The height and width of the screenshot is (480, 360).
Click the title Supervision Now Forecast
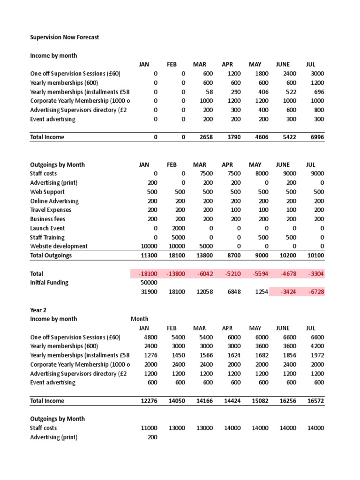65,37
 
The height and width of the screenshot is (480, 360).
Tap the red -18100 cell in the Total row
148,274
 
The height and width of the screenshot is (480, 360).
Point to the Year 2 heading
38,310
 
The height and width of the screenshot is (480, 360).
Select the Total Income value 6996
315,137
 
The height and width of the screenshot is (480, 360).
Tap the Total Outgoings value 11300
149,255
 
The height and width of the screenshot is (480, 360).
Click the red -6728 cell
315,292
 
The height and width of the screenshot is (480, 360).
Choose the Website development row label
59,246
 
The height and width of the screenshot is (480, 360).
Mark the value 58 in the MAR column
210,92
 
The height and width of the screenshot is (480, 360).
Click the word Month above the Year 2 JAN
140,319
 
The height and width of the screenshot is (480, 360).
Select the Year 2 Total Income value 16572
315,401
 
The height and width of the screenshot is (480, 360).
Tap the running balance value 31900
149,292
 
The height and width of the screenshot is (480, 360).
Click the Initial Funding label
49,283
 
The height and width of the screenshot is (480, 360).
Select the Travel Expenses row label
51,210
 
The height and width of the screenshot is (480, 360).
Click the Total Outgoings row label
51,255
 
